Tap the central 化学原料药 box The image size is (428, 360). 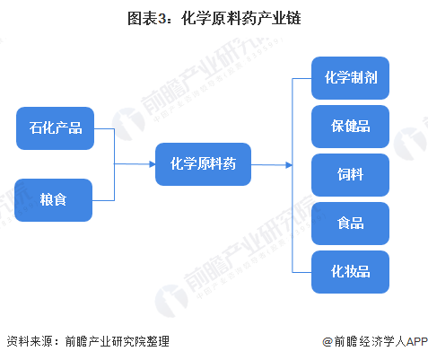(203, 164)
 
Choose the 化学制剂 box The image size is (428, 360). (351, 78)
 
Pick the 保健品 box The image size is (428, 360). (351, 127)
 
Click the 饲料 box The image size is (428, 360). (351, 175)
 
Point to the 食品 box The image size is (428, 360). (351, 223)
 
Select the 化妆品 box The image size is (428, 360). (351, 270)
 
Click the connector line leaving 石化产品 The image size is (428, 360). (103, 128)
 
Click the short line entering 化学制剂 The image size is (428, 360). (302, 78)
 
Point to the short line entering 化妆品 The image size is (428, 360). (302, 270)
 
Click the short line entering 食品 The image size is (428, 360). (302, 223)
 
